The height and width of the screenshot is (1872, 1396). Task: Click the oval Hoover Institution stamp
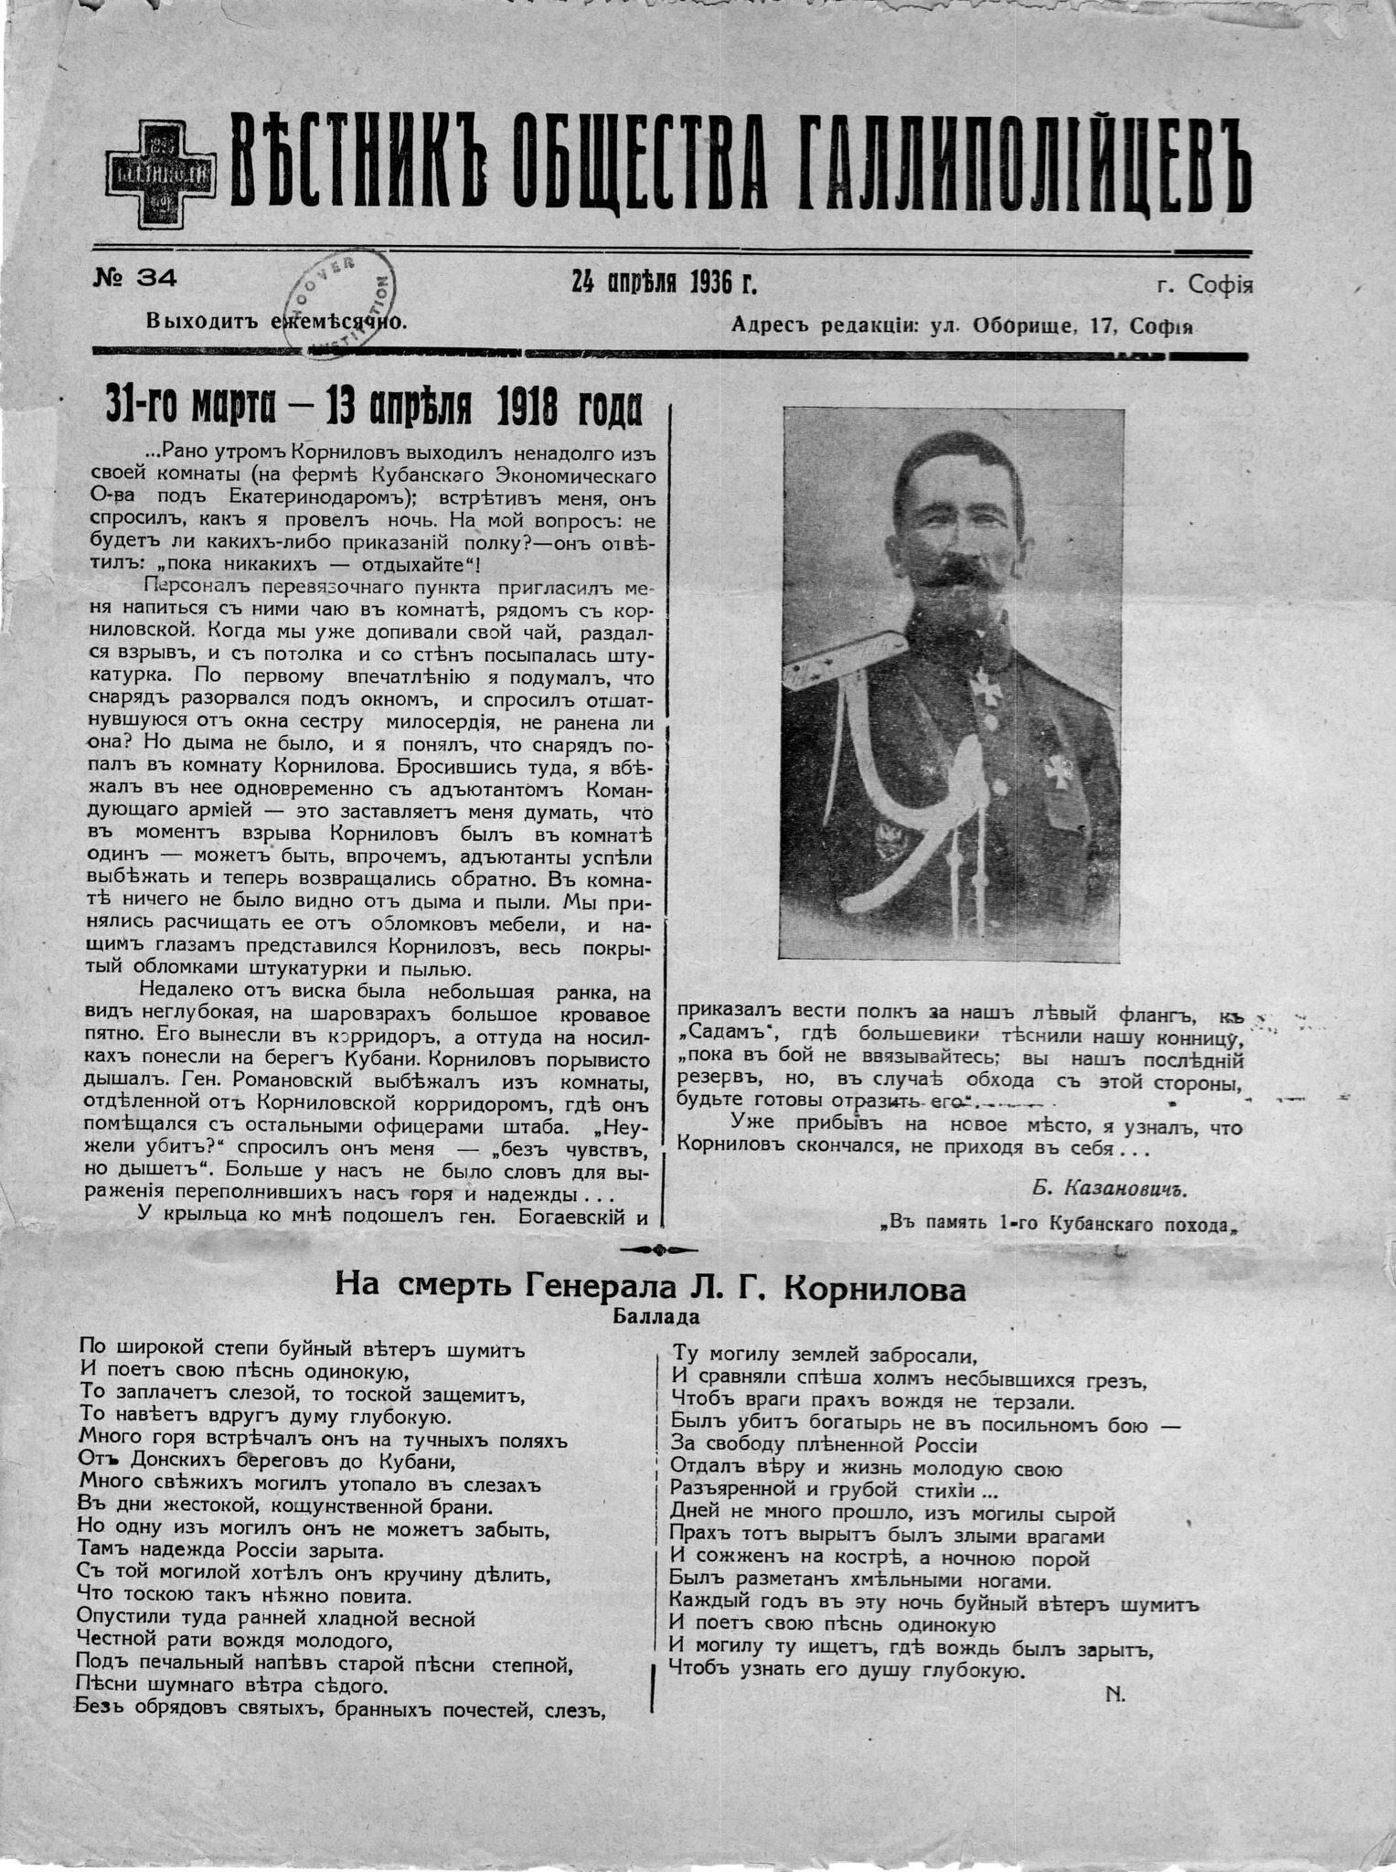341,302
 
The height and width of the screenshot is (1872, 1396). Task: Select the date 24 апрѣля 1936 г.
665,282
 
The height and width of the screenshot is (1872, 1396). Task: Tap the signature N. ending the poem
1115,1693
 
